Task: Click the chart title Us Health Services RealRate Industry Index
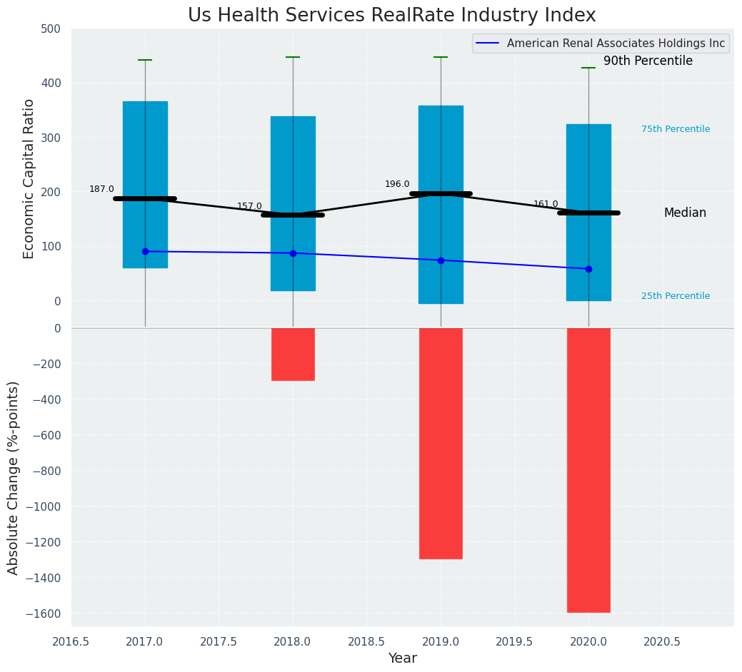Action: (x=391, y=16)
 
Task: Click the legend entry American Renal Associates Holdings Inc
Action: (x=616, y=44)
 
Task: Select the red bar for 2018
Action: (x=293, y=355)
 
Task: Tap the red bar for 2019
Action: (x=441, y=443)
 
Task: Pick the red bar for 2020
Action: (x=588, y=470)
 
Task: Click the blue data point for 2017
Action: (x=145, y=251)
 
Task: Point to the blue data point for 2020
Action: (x=588, y=269)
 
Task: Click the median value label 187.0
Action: (x=101, y=189)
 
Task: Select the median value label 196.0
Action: (x=397, y=184)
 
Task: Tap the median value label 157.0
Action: (x=249, y=206)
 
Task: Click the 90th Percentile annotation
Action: (x=648, y=61)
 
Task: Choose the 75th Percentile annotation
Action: (x=675, y=129)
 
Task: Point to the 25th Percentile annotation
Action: (x=675, y=296)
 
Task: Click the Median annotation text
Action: (x=685, y=213)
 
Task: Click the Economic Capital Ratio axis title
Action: (x=29, y=178)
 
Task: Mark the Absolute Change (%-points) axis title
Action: (x=14, y=477)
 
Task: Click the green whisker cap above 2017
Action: (x=145, y=60)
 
